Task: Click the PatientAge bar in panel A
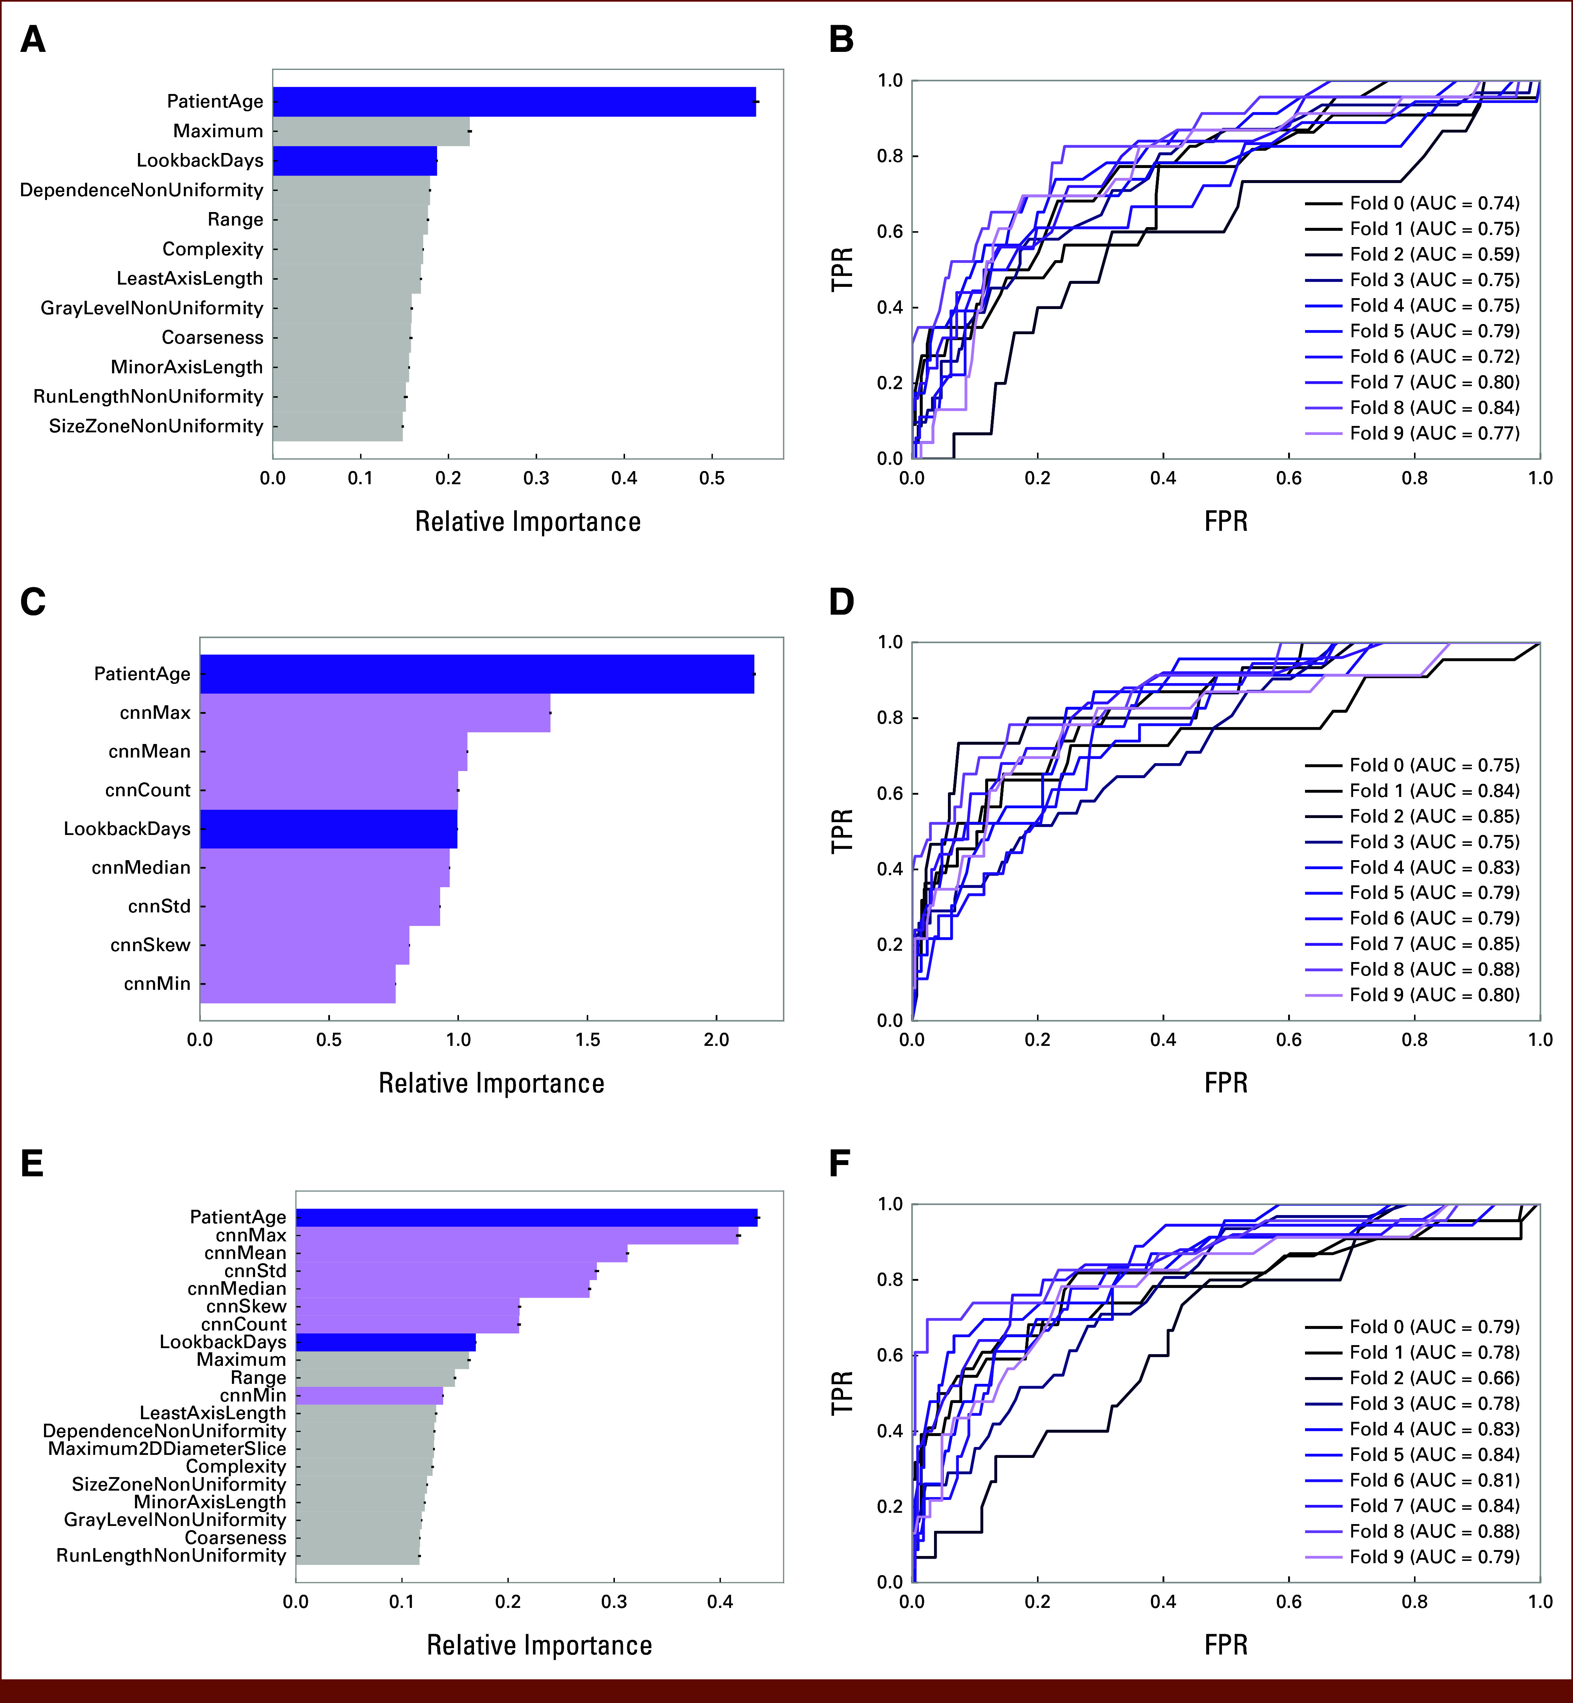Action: point(514,102)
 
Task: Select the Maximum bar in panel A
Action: point(371,131)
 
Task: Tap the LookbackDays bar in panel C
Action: point(329,829)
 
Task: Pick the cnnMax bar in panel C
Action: point(374,713)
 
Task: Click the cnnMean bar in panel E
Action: point(461,1253)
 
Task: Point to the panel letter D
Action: point(841,602)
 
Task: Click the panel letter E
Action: point(32,1163)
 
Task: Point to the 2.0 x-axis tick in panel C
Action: point(717,1040)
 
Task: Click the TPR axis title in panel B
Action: point(842,269)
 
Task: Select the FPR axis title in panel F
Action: point(1226,1645)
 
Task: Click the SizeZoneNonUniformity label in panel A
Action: point(156,426)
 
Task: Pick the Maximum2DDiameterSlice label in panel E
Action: point(167,1448)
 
